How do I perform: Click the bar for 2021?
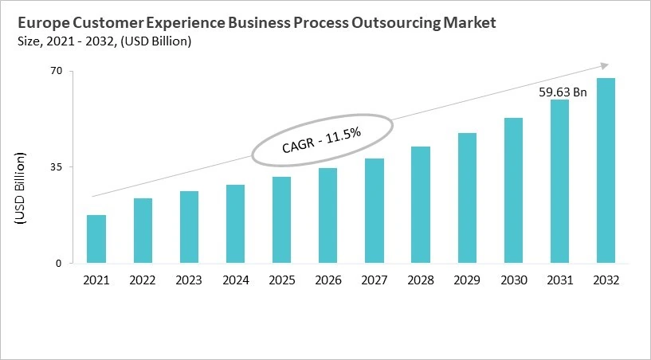(x=96, y=239)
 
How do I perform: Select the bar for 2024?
(x=235, y=224)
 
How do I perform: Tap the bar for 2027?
(x=375, y=210)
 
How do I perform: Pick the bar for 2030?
(x=513, y=190)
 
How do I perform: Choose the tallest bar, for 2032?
(x=606, y=170)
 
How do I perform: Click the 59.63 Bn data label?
(x=563, y=92)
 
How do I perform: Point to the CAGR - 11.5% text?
(x=322, y=141)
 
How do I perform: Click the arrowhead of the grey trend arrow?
(x=605, y=65)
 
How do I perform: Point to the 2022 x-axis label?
(x=143, y=280)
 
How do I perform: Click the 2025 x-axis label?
(x=282, y=280)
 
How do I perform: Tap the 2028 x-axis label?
(x=421, y=280)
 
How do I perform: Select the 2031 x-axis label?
(x=559, y=280)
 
